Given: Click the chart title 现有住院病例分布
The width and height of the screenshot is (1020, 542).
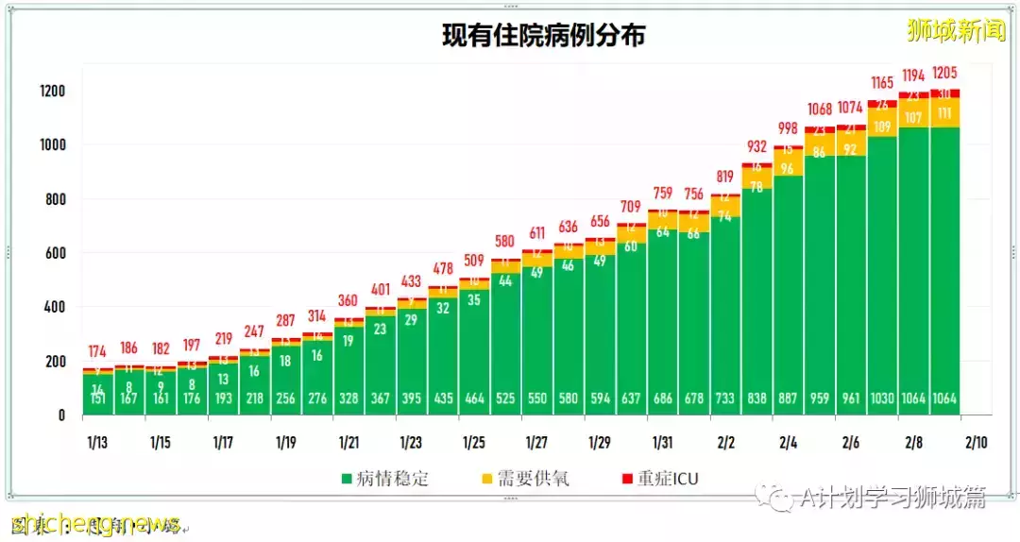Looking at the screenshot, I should coord(544,35).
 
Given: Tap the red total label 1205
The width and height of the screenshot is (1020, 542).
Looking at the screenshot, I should coord(945,73).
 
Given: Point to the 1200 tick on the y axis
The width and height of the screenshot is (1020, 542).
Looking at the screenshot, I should coord(52,92).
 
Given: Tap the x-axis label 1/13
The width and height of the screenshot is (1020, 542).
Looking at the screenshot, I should coord(97,442).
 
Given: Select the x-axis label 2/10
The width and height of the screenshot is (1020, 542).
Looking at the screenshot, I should coord(977,442).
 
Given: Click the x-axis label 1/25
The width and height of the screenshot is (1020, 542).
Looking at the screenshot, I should coord(474,442).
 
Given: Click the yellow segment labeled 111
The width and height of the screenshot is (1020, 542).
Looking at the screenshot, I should coord(945,113).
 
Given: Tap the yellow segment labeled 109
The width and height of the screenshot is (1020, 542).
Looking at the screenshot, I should coord(883,126).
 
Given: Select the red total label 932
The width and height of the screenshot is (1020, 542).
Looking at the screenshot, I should coord(757,146).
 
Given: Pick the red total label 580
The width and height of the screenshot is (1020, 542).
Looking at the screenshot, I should coord(506,241).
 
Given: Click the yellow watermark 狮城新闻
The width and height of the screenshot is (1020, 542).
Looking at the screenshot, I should coord(955,31).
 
